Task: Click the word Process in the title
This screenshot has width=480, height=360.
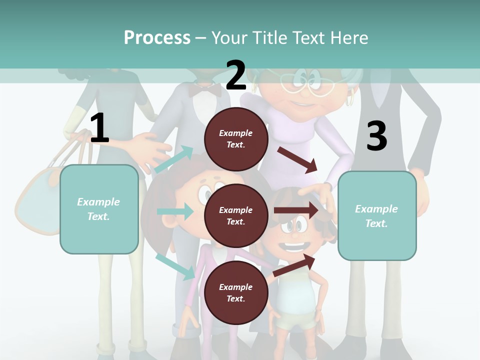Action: coord(157,38)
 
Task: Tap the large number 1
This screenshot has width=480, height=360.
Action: coord(99,128)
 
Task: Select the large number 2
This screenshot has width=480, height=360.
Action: coord(236,75)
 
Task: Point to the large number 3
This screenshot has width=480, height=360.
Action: coord(377,136)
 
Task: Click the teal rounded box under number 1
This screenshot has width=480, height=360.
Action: coord(99,209)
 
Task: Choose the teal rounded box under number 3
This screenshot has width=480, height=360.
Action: coord(377,216)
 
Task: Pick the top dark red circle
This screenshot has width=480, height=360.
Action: coord(236,139)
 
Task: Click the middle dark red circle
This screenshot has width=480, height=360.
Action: coord(236,215)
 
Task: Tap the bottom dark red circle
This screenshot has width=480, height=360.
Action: coord(236,292)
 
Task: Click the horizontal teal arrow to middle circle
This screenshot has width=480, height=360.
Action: coord(175,211)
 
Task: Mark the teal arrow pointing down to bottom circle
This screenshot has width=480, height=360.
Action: coord(175,266)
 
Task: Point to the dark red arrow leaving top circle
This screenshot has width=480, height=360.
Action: coord(298,160)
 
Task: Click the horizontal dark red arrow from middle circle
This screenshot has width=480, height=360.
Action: coord(295,210)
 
